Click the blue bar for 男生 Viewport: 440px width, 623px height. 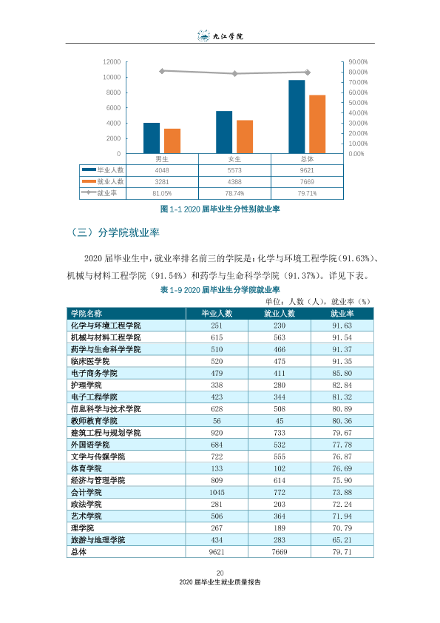(152, 138)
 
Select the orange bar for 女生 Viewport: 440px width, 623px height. (245, 137)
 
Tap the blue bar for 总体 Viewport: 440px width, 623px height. (297, 117)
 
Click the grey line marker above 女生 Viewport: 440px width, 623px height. (234, 73)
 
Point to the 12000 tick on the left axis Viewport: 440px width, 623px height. (112, 62)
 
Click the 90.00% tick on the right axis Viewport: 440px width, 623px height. (358, 62)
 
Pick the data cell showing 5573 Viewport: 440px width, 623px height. (234, 170)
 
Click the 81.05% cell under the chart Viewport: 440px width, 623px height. (162, 194)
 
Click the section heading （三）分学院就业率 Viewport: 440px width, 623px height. (115, 232)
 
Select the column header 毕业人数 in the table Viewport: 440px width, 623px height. (217, 314)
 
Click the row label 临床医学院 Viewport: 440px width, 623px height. (90, 361)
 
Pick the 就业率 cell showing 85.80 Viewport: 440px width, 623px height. (342, 373)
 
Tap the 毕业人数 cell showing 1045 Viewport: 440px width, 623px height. (217, 492)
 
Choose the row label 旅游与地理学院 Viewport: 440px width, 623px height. (98, 540)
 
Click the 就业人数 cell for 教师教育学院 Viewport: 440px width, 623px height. (280, 421)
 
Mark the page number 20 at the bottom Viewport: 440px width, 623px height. (220, 573)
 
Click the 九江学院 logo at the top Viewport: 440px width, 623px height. (220, 36)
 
